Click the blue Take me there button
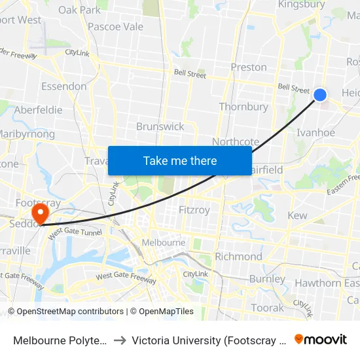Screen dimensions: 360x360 coord(180,160)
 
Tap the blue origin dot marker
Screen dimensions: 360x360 coord(320,95)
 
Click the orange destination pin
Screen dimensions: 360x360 coord(40,213)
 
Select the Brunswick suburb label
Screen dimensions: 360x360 coord(160,126)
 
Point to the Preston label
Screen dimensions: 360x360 coord(249,67)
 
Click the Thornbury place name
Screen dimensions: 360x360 coord(243,107)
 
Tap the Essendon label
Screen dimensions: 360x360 coord(63,86)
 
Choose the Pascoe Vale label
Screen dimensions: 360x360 coord(115,27)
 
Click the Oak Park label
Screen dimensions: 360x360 coord(80,10)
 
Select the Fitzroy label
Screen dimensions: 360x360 coord(194,211)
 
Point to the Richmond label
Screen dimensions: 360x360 coord(238,257)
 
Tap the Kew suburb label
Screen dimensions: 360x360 coord(297,215)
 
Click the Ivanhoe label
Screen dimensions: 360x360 coord(315,133)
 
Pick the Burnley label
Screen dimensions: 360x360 coord(266,279)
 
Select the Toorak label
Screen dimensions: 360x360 coord(268,307)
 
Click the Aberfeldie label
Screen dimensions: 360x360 coord(38,110)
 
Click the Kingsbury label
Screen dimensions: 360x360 coord(302,5)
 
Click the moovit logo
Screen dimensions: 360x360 coord(321,340)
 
